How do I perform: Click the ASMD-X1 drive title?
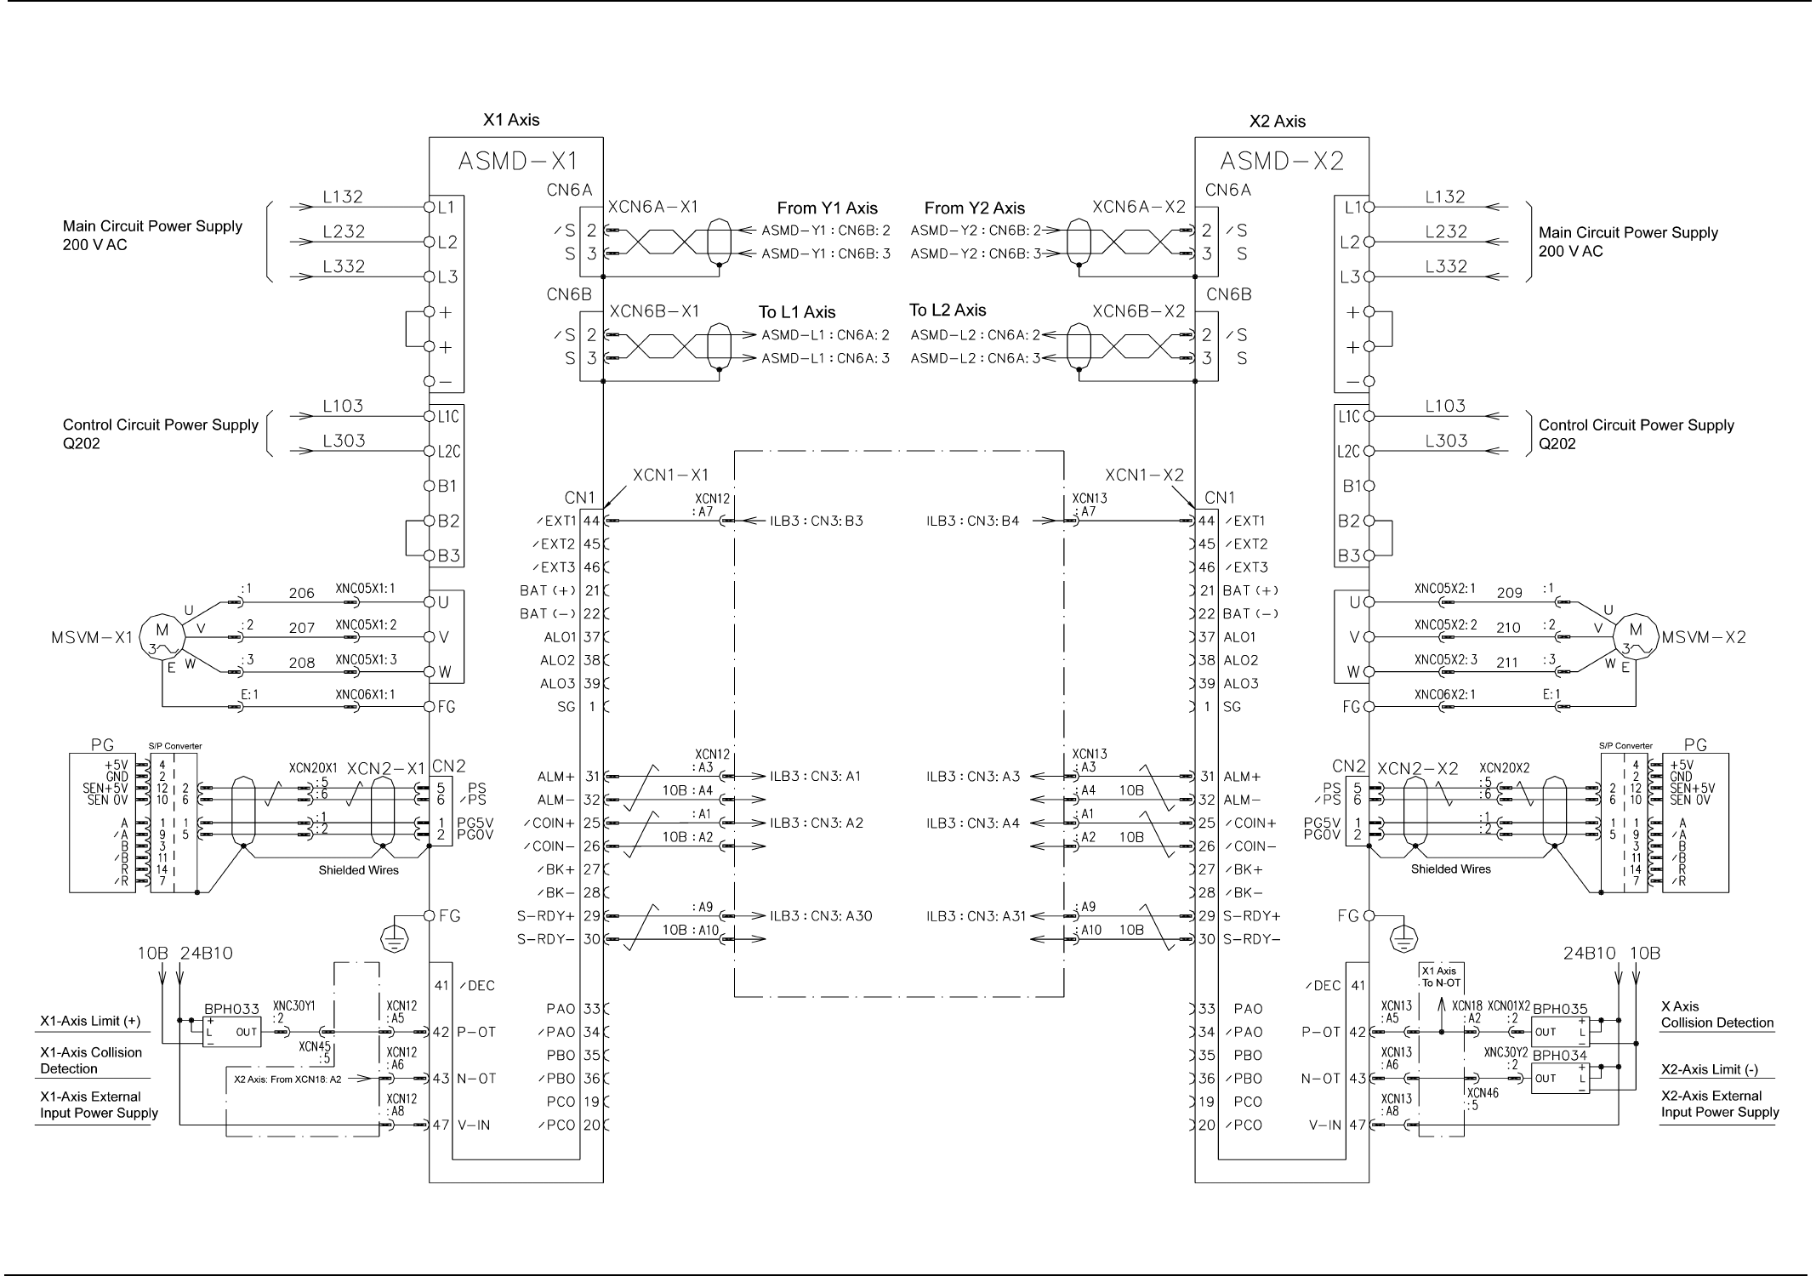(x=518, y=161)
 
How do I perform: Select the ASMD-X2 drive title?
(x=1282, y=161)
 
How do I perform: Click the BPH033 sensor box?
(x=231, y=1032)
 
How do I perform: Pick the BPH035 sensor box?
(x=1559, y=1032)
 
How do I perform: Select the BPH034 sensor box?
(x=1559, y=1078)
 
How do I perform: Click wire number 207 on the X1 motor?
(x=301, y=629)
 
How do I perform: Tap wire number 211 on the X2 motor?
(x=1507, y=663)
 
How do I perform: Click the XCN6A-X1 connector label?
(x=653, y=207)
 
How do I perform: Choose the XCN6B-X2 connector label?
(x=1138, y=311)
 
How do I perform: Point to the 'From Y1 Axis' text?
(x=827, y=208)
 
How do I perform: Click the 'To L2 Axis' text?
(x=947, y=310)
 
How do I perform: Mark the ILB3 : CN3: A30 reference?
(x=821, y=916)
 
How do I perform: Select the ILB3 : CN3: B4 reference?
(x=972, y=521)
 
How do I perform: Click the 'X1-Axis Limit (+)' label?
(x=90, y=1021)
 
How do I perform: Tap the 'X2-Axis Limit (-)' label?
(x=1709, y=1070)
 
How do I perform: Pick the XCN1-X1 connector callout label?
(x=670, y=475)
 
